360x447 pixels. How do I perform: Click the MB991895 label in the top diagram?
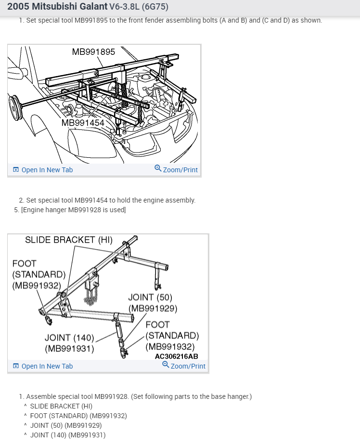click(x=93, y=52)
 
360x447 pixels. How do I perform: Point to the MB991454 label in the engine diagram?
click(x=83, y=123)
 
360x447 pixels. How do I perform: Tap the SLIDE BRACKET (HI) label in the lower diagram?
click(x=68, y=240)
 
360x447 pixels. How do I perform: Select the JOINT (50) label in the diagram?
click(x=150, y=297)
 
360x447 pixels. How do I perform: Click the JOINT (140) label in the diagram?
click(x=69, y=338)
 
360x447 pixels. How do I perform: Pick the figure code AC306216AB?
click(x=176, y=357)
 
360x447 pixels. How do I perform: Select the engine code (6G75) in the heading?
click(x=155, y=7)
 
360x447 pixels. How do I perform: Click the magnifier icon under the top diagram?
click(x=158, y=168)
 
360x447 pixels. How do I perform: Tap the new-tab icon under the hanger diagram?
click(x=16, y=366)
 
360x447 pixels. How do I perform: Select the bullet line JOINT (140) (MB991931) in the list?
click(x=67, y=435)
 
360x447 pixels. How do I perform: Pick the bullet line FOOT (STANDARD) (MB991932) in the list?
click(x=78, y=416)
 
